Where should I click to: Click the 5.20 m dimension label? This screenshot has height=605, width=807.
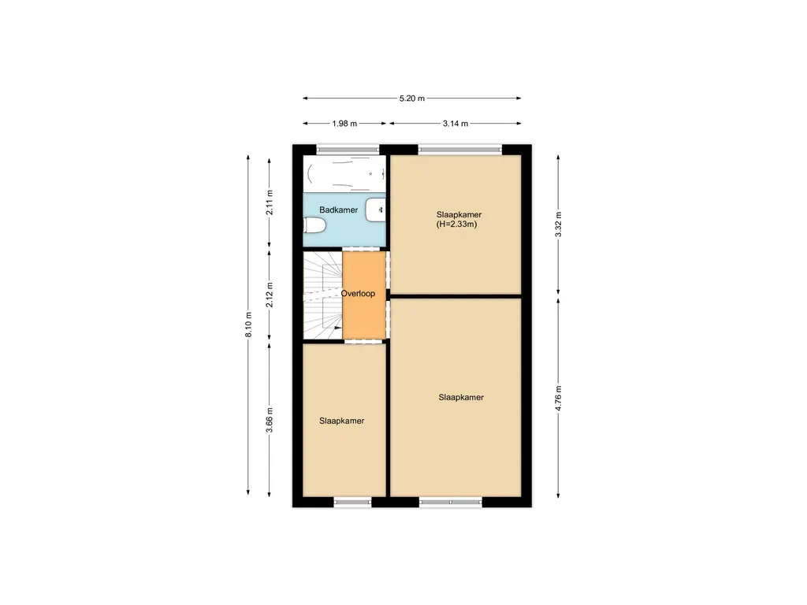(411, 98)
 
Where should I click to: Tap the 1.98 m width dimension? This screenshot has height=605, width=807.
(344, 124)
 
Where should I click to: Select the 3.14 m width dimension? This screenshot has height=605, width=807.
(455, 124)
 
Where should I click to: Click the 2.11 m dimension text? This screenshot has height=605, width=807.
(270, 203)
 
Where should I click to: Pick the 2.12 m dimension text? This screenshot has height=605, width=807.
(270, 295)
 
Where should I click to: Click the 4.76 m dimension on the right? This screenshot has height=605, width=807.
(559, 398)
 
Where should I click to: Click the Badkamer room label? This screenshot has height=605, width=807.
(338, 210)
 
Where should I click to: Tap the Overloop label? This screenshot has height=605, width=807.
(358, 293)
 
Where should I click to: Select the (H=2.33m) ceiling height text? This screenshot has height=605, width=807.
(457, 225)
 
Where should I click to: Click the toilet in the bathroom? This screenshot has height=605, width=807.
(315, 226)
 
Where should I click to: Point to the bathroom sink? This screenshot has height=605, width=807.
(377, 210)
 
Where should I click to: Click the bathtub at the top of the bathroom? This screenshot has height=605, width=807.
(345, 173)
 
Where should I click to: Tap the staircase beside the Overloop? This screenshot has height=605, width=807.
(322, 295)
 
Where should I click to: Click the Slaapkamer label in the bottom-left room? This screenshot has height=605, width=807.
(341, 421)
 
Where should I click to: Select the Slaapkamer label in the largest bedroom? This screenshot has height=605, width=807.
(461, 398)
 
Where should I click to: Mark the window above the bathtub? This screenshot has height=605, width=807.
(348, 149)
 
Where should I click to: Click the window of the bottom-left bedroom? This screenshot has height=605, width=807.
(352, 502)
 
